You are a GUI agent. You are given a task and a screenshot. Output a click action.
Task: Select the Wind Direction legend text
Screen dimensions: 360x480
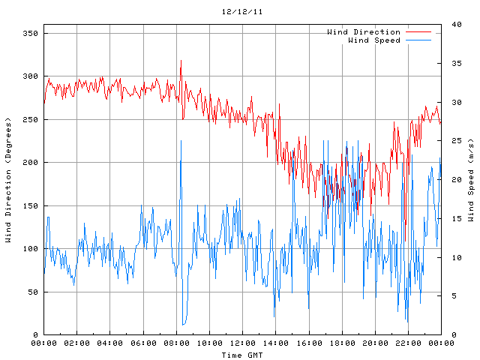coord(364,32)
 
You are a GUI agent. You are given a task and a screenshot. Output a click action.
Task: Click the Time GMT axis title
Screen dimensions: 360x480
coord(242,354)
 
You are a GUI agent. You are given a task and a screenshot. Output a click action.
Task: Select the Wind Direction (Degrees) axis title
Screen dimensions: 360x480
coord(8,180)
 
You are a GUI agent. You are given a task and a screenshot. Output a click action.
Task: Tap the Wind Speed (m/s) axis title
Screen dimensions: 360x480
coord(471,180)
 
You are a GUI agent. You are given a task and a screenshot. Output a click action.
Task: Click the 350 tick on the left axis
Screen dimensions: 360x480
coord(31,34)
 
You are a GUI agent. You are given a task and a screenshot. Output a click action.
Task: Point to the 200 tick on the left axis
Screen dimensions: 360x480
coord(31,163)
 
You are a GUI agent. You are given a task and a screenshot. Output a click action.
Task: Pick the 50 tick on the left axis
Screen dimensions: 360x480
coord(33,292)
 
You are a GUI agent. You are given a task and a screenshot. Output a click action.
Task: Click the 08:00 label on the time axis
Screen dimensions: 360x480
coord(176,343)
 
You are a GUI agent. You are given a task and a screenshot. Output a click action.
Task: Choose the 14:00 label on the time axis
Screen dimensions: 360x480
coord(275,343)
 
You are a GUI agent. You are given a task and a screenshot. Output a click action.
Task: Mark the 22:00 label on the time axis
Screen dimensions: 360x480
coord(408,343)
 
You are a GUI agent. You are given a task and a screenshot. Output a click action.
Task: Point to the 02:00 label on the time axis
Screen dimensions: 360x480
coord(77,343)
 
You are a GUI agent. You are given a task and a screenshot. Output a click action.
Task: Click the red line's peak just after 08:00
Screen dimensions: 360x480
coord(181,61)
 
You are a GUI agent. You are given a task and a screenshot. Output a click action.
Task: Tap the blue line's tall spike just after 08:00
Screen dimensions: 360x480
coord(181,140)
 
